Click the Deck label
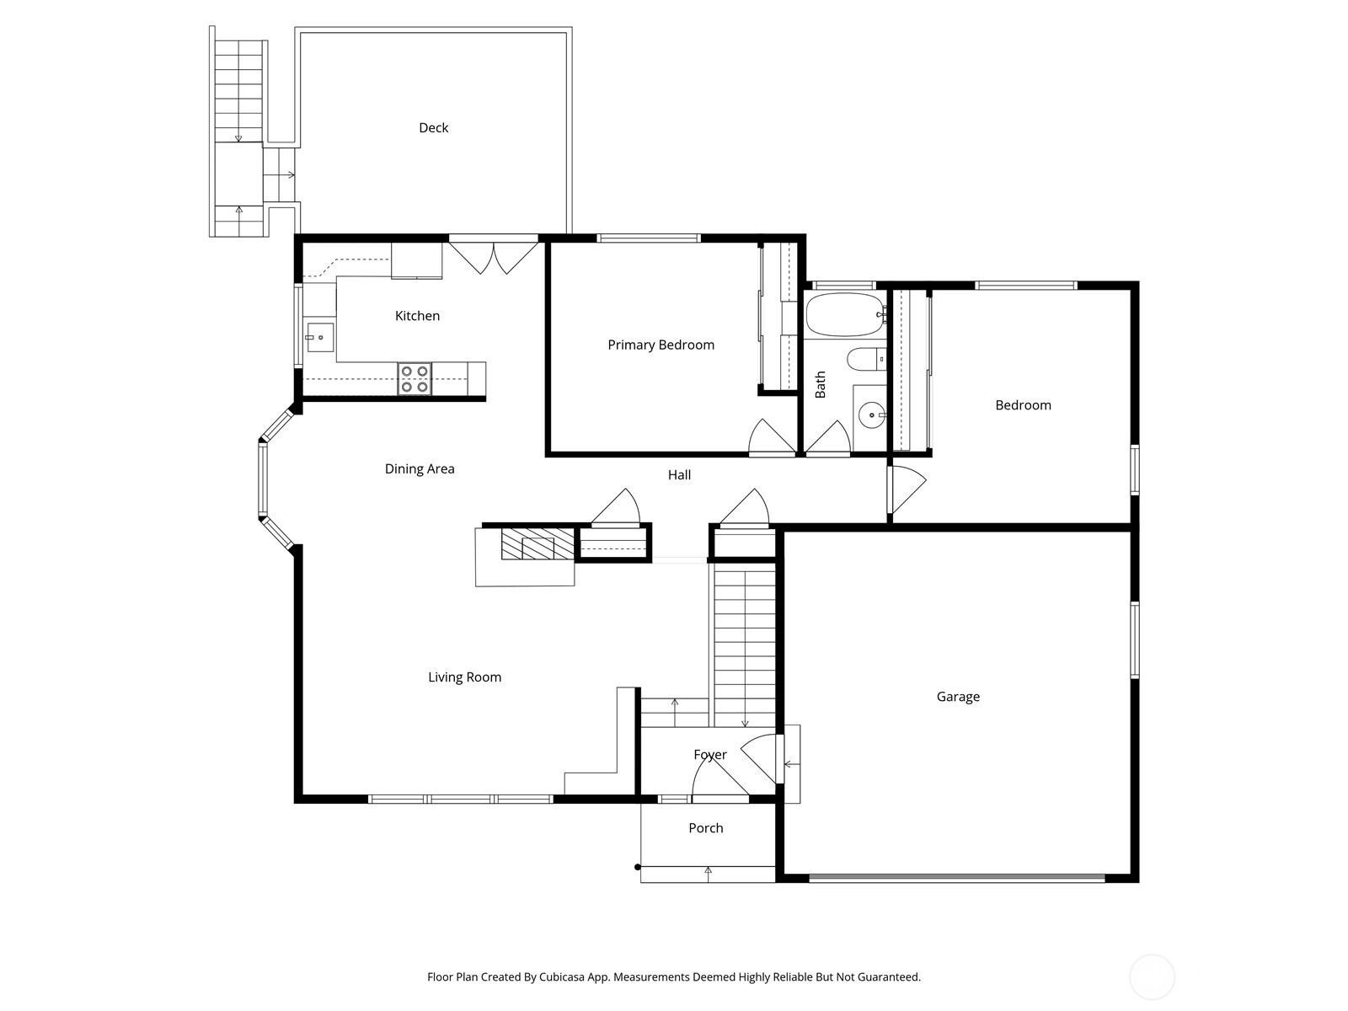(433, 128)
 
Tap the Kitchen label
(417, 316)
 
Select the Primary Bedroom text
(661, 345)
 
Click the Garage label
(958, 697)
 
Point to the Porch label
(705, 828)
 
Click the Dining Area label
(420, 469)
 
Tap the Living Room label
(464, 677)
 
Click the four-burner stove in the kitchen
(414, 378)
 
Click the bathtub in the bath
(843, 314)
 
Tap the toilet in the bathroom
(866, 360)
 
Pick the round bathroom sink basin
(870, 415)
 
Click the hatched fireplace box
(538, 544)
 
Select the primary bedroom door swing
(770, 438)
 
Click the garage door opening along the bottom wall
(956, 878)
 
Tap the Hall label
(679, 475)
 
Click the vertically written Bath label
(821, 385)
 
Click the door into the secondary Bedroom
(907, 489)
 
